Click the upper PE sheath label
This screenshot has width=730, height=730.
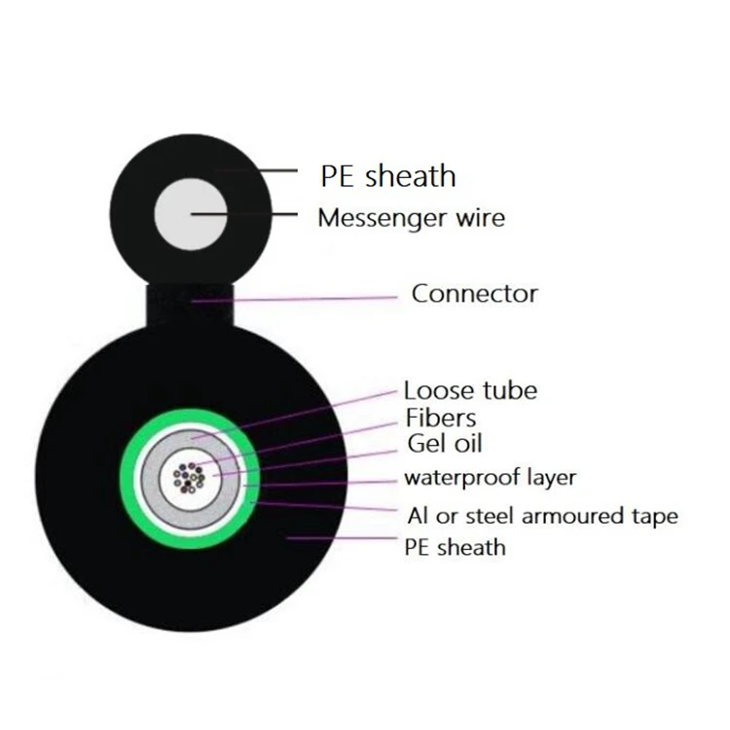[x=387, y=176]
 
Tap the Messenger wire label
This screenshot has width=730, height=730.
[x=411, y=217]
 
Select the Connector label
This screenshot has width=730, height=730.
[x=474, y=293]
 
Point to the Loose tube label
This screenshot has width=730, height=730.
[x=470, y=390]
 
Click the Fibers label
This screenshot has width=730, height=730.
[x=441, y=418]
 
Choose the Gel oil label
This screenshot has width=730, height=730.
[x=443, y=444]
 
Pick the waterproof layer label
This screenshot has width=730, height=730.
[x=490, y=478]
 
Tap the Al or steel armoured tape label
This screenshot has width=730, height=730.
[x=541, y=515]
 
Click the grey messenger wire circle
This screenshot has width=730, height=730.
[x=191, y=214]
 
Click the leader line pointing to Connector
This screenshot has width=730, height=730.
[x=311, y=297]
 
